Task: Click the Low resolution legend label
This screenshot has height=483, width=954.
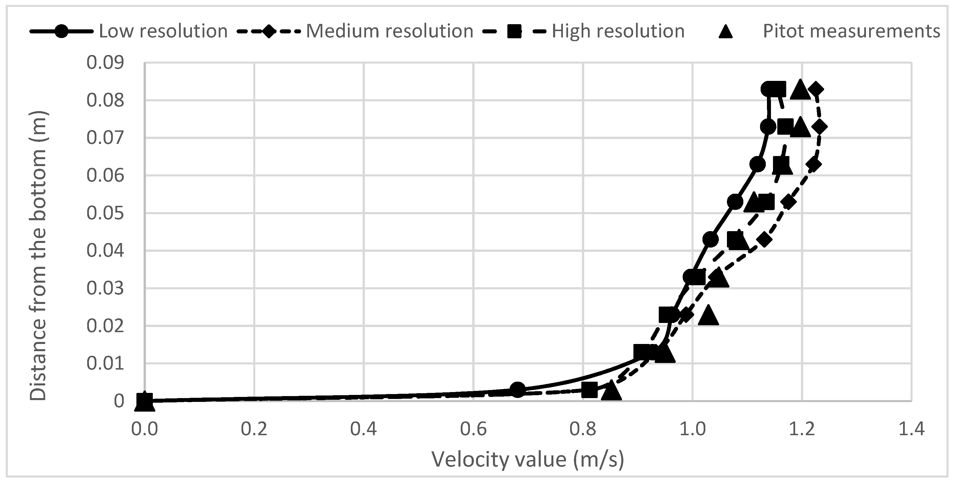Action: (163, 31)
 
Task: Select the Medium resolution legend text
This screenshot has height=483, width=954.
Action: (390, 31)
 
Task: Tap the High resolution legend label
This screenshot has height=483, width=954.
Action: (618, 31)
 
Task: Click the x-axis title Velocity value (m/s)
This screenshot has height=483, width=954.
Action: (528, 459)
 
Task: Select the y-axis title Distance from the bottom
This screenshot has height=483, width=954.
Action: (39, 256)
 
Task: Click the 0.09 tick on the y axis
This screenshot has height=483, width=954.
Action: (105, 62)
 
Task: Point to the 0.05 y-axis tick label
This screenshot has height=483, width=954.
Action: (105, 213)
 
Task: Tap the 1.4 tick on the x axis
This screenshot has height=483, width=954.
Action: (911, 429)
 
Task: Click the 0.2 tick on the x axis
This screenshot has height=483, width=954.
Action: (254, 429)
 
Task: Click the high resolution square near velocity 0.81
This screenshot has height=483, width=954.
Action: (589, 390)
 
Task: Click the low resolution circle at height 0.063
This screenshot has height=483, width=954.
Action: (757, 164)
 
